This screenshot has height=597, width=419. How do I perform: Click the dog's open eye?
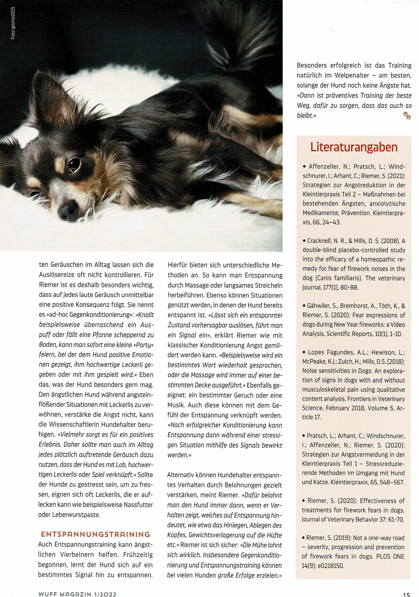(x=74, y=165)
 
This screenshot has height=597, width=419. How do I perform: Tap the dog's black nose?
(x=68, y=211)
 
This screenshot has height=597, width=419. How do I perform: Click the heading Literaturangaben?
(x=354, y=147)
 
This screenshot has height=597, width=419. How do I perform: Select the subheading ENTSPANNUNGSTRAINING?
(x=96, y=534)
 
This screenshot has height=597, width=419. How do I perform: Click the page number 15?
(x=406, y=594)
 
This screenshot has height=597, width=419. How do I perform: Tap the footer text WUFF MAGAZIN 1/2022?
(x=77, y=594)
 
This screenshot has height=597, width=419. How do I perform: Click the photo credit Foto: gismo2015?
(x=13, y=23)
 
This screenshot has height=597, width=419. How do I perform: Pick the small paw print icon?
(x=407, y=116)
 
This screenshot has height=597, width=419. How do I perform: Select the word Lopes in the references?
(x=316, y=352)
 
